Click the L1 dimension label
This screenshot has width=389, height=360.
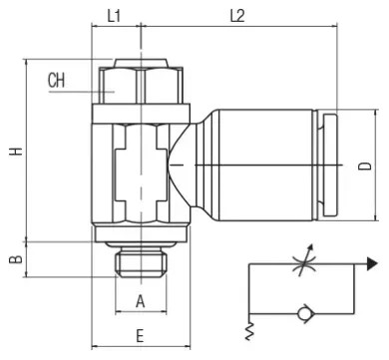pyautogui.click(x=114, y=16)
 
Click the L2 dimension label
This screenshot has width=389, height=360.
pyautogui.click(x=237, y=16)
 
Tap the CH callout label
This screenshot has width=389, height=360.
pyautogui.click(x=56, y=81)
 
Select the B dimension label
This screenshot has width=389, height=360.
pyautogui.click(x=16, y=259)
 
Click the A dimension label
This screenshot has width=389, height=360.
pyautogui.click(x=141, y=301)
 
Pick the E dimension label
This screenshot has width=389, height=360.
pyautogui.click(x=140, y=336)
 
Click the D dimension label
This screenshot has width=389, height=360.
pyautogui.click(x=365, y=166)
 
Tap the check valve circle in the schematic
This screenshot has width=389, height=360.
pyautogui.click(x=303, y=313)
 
